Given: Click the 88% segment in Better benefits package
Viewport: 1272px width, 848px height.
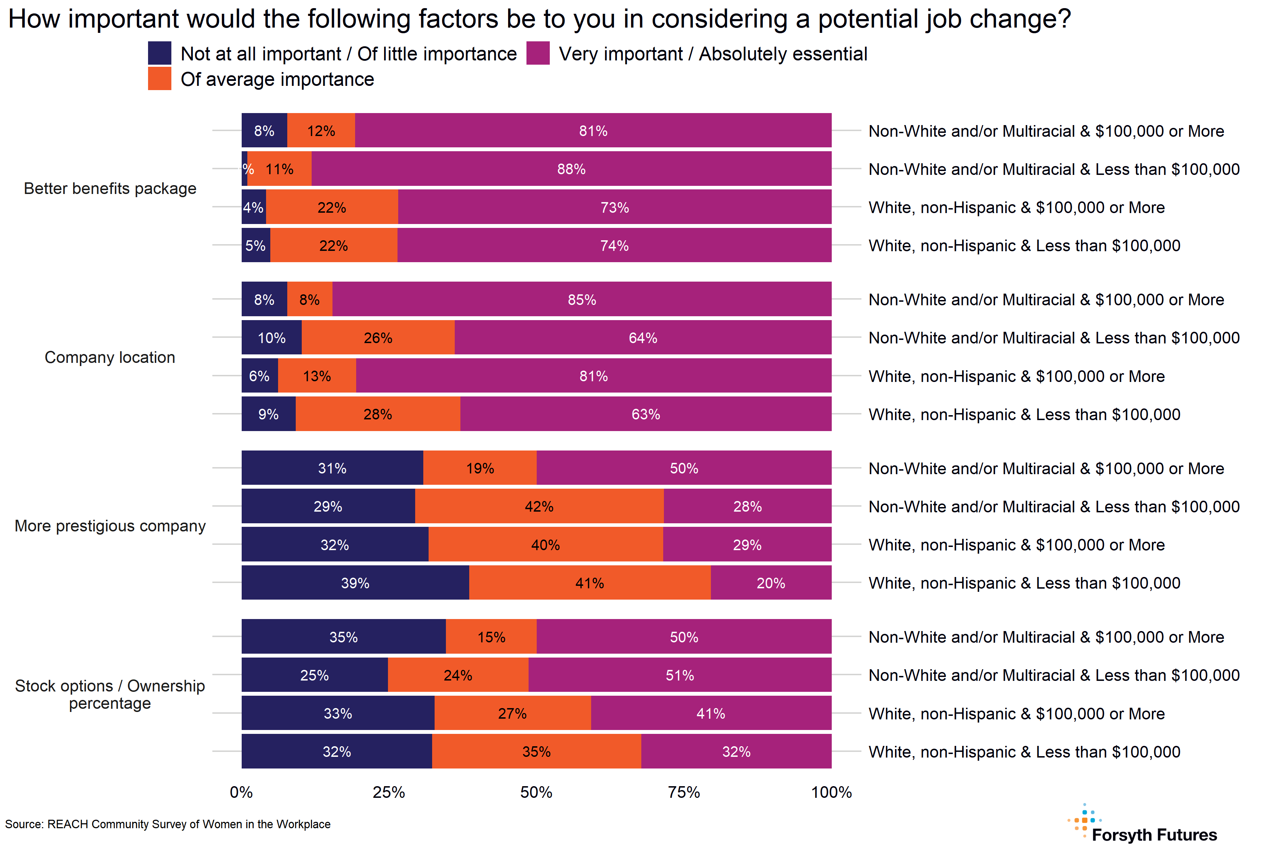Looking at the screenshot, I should click(x=571, y=169).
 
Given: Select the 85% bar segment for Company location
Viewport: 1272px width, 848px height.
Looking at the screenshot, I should click(x=582, y=300).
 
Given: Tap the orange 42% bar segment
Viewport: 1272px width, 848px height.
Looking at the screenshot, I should click(x=539, y=506).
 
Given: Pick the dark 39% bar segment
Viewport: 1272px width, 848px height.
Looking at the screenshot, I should click(x=355, y=583).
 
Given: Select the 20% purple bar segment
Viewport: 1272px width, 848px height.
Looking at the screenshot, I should click(x=771, y=583).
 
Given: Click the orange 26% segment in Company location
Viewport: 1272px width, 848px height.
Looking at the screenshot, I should click(x=378, y=338).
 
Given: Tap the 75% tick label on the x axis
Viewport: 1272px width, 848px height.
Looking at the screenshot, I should click(x=684, y=792).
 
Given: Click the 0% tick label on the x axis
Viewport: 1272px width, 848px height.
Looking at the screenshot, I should click(x=241, y=792).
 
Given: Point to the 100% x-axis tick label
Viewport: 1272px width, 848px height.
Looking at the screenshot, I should click(x=831, y=792).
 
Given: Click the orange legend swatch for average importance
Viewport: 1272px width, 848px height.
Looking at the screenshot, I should click(x=160, y=79).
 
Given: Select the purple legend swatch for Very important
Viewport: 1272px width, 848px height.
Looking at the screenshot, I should click(x=538, y=54).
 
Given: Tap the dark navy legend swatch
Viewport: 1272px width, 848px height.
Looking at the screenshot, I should click(x=160, y=54).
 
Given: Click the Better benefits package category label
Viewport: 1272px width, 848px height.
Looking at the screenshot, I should click(x=110, y=188).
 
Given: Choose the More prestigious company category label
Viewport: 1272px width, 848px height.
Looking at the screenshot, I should click(x=110, y=526).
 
